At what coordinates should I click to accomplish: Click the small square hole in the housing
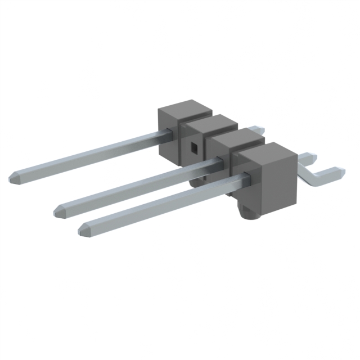(193, 148)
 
